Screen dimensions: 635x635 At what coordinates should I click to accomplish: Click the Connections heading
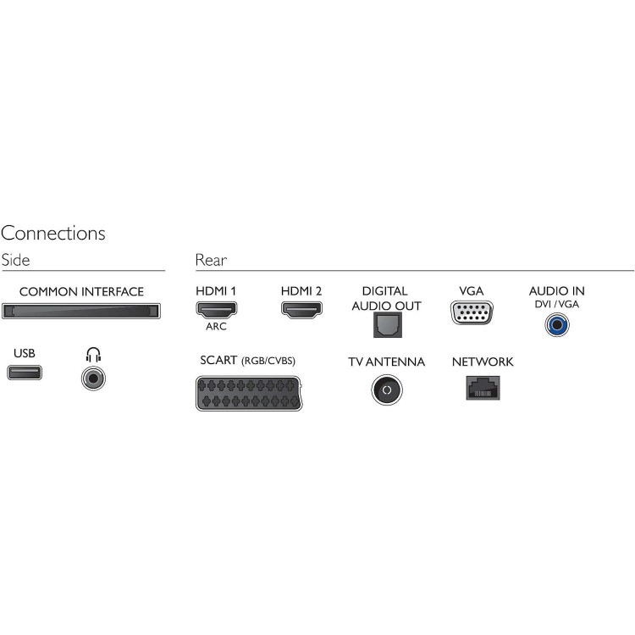tap(53, 233)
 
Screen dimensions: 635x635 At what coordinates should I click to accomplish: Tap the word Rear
tap(211, 261)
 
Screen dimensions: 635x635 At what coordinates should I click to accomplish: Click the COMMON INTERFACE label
tap(81, 292)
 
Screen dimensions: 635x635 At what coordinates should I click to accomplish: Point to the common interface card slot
tap(81, 311)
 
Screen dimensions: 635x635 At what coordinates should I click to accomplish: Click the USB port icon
tap(24, 373)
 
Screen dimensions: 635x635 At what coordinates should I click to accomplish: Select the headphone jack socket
tap(93, 375)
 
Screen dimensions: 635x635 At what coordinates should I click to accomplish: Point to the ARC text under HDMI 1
tap(216, 326)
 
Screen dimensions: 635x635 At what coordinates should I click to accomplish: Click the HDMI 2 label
tap(301, 291)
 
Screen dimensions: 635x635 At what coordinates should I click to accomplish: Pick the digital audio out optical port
tap(385, 324)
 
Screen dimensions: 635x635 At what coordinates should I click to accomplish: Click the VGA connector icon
tap(471, 312)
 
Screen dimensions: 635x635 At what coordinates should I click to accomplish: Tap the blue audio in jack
tap(556, 323)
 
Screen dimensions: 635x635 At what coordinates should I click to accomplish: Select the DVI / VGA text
tap(556, 304)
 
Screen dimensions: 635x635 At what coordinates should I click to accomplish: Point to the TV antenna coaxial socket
tap(386, 389)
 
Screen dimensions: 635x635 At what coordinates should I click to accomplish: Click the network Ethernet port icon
tap(482, 387)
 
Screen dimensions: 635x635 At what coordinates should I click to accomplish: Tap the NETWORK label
tap(482, 362)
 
